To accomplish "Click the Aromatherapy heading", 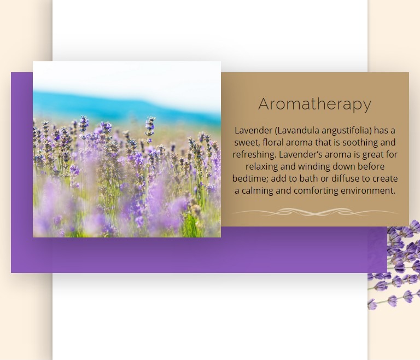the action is coord(315,104).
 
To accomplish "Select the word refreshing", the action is coord(254,155).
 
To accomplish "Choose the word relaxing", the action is coord(262,167).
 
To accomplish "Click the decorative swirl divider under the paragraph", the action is coord(315,212).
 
